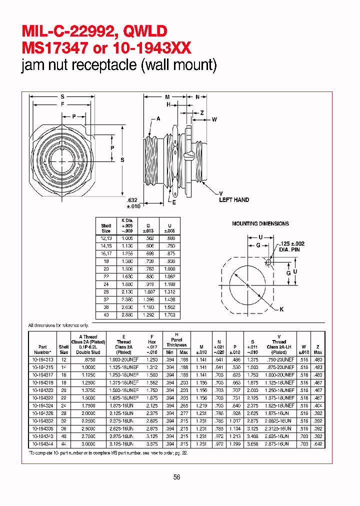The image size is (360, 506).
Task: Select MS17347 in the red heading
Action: (56, 48)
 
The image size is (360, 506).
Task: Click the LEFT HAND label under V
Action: (234, 200)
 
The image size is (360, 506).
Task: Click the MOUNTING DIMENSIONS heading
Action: (260, 223)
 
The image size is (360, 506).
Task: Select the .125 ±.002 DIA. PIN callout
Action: (291, 246)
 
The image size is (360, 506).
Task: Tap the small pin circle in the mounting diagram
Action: (269, 262)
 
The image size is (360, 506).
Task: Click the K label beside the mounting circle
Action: (281, 309)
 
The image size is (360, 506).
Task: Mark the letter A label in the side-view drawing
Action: (158, 118)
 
